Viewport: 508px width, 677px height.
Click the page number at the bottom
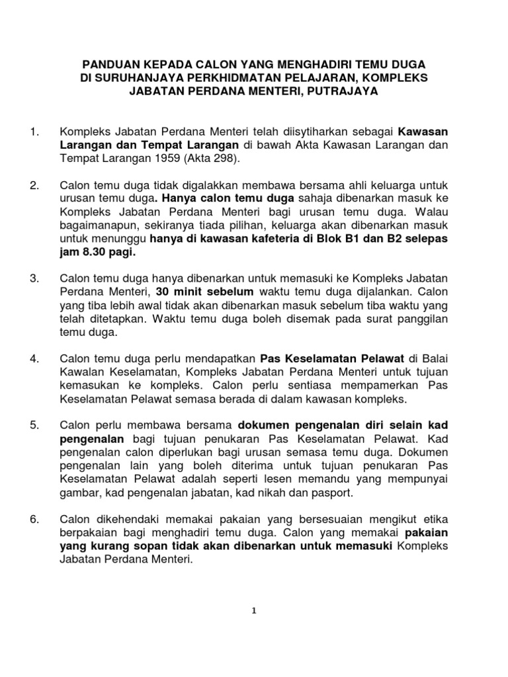(x=254, y=612)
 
